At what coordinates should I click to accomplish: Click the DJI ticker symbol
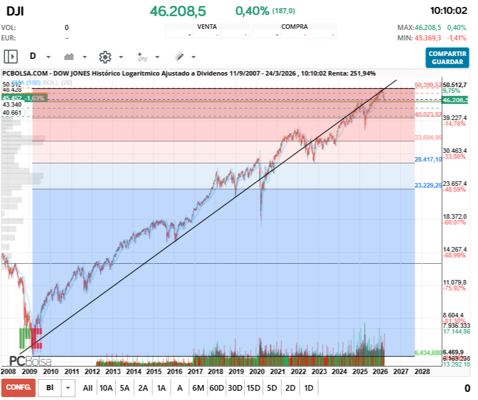tap(15, 11)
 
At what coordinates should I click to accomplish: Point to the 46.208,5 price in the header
tap(177, 11)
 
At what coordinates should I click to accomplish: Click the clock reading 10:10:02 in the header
tap(448, 11)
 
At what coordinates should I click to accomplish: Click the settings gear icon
tap(105, 57)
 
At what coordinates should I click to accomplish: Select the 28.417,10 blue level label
tap(428, 159)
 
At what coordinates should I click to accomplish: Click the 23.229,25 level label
tap(428, 185)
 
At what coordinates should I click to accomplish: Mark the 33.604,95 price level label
tap(428, 138)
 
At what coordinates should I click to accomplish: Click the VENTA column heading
tap(207, 27)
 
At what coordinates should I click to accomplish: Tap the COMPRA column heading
tap(294, 27)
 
